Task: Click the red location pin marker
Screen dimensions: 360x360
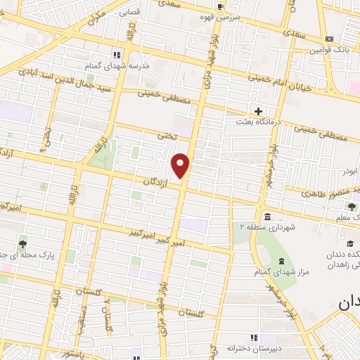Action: pos(181,166)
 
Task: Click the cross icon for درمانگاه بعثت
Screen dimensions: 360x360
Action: pos(259,111)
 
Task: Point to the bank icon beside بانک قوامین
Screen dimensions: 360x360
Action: pos(329,38)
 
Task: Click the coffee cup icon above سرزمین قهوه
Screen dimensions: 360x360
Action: pos(221,6)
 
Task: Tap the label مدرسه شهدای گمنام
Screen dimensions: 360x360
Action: pos(118,65)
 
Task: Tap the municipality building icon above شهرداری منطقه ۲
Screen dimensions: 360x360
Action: pos(267,215)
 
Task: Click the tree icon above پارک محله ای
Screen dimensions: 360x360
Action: pos(23,244)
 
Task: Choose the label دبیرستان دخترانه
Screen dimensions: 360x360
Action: pos(254,348)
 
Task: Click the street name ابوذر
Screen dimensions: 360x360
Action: pos(346,171)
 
